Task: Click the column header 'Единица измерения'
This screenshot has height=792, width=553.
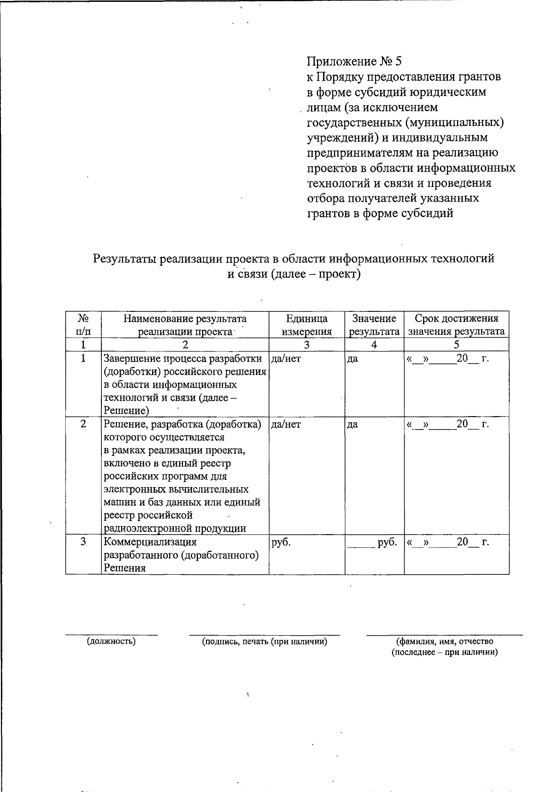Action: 306,325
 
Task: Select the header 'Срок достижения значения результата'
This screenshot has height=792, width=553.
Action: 456,325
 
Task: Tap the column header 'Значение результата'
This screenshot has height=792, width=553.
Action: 374,325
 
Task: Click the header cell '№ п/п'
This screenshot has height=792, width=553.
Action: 83,325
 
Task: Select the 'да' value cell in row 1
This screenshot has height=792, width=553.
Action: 353,358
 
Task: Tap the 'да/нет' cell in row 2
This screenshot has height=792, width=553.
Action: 286,424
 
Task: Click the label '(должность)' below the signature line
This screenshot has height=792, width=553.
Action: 112,641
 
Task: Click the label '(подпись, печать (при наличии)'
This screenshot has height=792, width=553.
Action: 265,641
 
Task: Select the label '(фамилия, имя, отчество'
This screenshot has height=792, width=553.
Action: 445,641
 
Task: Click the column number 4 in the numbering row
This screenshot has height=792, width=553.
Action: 374,345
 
